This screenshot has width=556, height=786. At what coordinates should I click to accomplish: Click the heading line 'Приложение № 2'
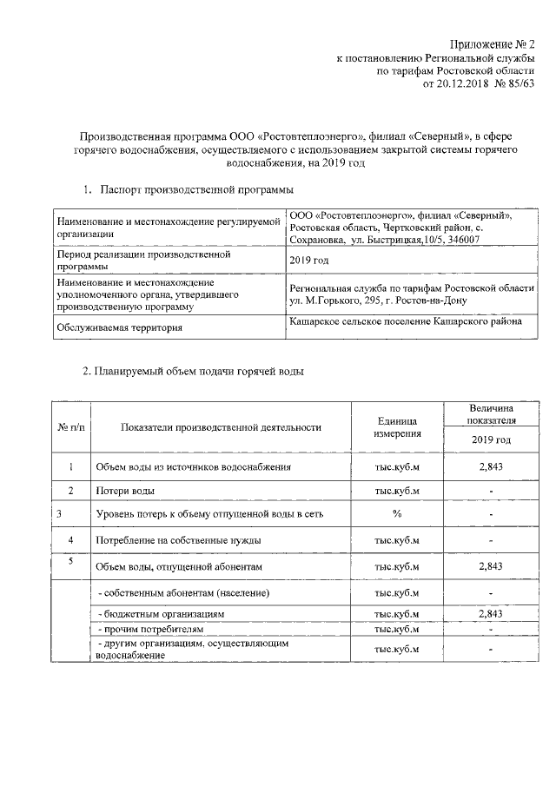pyautogui.click(x=492, y=43)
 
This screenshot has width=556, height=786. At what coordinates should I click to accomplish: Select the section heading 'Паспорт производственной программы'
pyautogui.click(x=196, y=189)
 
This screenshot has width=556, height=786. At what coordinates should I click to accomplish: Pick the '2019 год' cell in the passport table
pyautogui.click(x=308, y=261)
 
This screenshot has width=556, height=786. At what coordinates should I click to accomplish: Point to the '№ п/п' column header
pyautogui.click(x=69, y=427)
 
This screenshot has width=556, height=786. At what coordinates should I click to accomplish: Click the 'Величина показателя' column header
pyautogui.click(x=492, y=413)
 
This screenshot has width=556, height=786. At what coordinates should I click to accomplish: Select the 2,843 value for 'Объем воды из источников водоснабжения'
pyautogui.click(x=492, y=467)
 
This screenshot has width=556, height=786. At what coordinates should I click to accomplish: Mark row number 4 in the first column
pyautogui.click(x=69, y=540)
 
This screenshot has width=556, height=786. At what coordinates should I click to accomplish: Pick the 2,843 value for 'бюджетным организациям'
pyautogui.click(x=492, y=614)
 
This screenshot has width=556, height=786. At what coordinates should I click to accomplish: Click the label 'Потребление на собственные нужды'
pyautogui.click(x=179, y=540)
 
